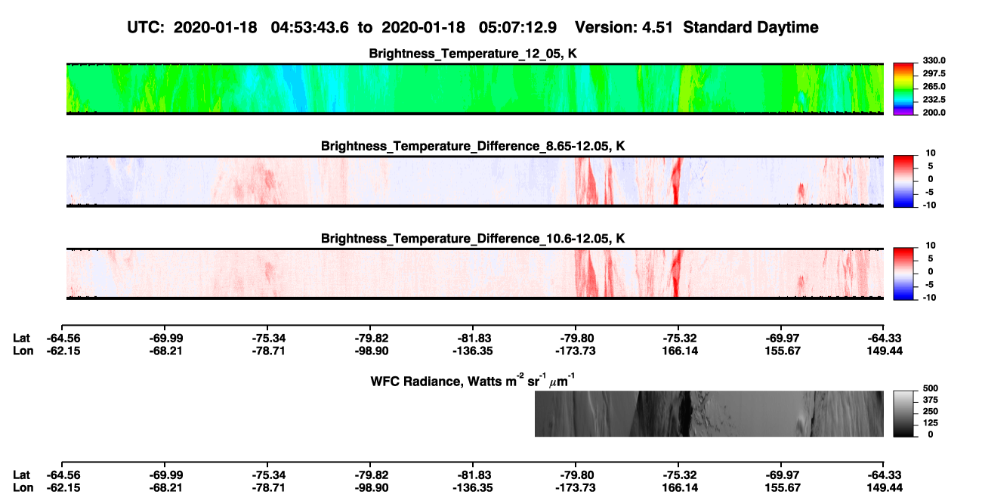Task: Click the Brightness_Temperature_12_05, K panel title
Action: pyautogui.click(x=473, y=54)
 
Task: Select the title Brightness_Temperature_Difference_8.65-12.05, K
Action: pyautogui.click(x=473, y=146)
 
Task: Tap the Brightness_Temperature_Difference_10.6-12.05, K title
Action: pyautogui.click(x=473, y=239)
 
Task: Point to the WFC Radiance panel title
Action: pyautogui.click(x=473, y=380)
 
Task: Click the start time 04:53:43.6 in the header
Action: pyautogui.click(x=310, y=27)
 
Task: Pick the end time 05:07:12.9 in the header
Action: pyautogui.click(x=517, y=27)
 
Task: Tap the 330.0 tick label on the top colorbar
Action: pyautogui.click(x=934, y=60)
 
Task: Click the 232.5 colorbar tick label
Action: pyautogui.click(x=934, y=100)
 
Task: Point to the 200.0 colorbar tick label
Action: pyautogui.click(x=934, y=113)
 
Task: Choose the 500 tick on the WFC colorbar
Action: pyautogui.click(x=931, y=388)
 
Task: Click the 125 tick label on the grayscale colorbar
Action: pyautogui.click(x=931, y=423)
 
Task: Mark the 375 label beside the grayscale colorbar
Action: pyautogui.click(x=931, y=400)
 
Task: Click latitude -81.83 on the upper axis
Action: pyautogui.click(x=473, y=339)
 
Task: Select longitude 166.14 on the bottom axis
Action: pyautogui.click(x=680, y=488)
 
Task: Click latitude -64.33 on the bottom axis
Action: pyautogui.click(x=885, y=475)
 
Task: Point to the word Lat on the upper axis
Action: pyautogui.click(x=21, y=339)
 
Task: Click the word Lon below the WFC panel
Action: pyautogui.click(x=23, y=488)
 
